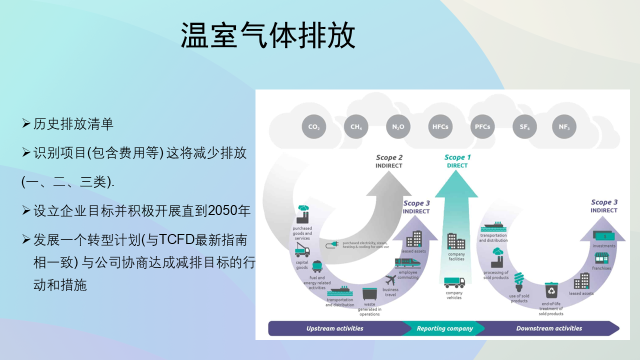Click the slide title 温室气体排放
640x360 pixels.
coord(268,35)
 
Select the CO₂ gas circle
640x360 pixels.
coord(313,127)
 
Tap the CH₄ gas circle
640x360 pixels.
coord(356,127)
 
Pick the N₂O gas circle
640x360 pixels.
coord(398,127)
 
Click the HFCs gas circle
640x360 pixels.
coord(440,127)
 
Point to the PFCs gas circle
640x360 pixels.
coord(482,127)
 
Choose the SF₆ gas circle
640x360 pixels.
coord(524,127)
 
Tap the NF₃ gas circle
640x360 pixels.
coord(564,127)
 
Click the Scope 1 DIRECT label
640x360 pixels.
coord(457,161)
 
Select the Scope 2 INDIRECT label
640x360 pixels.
coord(389,161)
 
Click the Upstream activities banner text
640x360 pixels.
coord(334,328)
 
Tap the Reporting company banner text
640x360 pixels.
coord(444,328)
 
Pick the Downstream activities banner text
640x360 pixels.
coord(549,328)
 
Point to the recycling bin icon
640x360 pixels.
coord(551,290)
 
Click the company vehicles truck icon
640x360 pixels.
coord(454,282)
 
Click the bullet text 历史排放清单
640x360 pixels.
coord(73,124)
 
